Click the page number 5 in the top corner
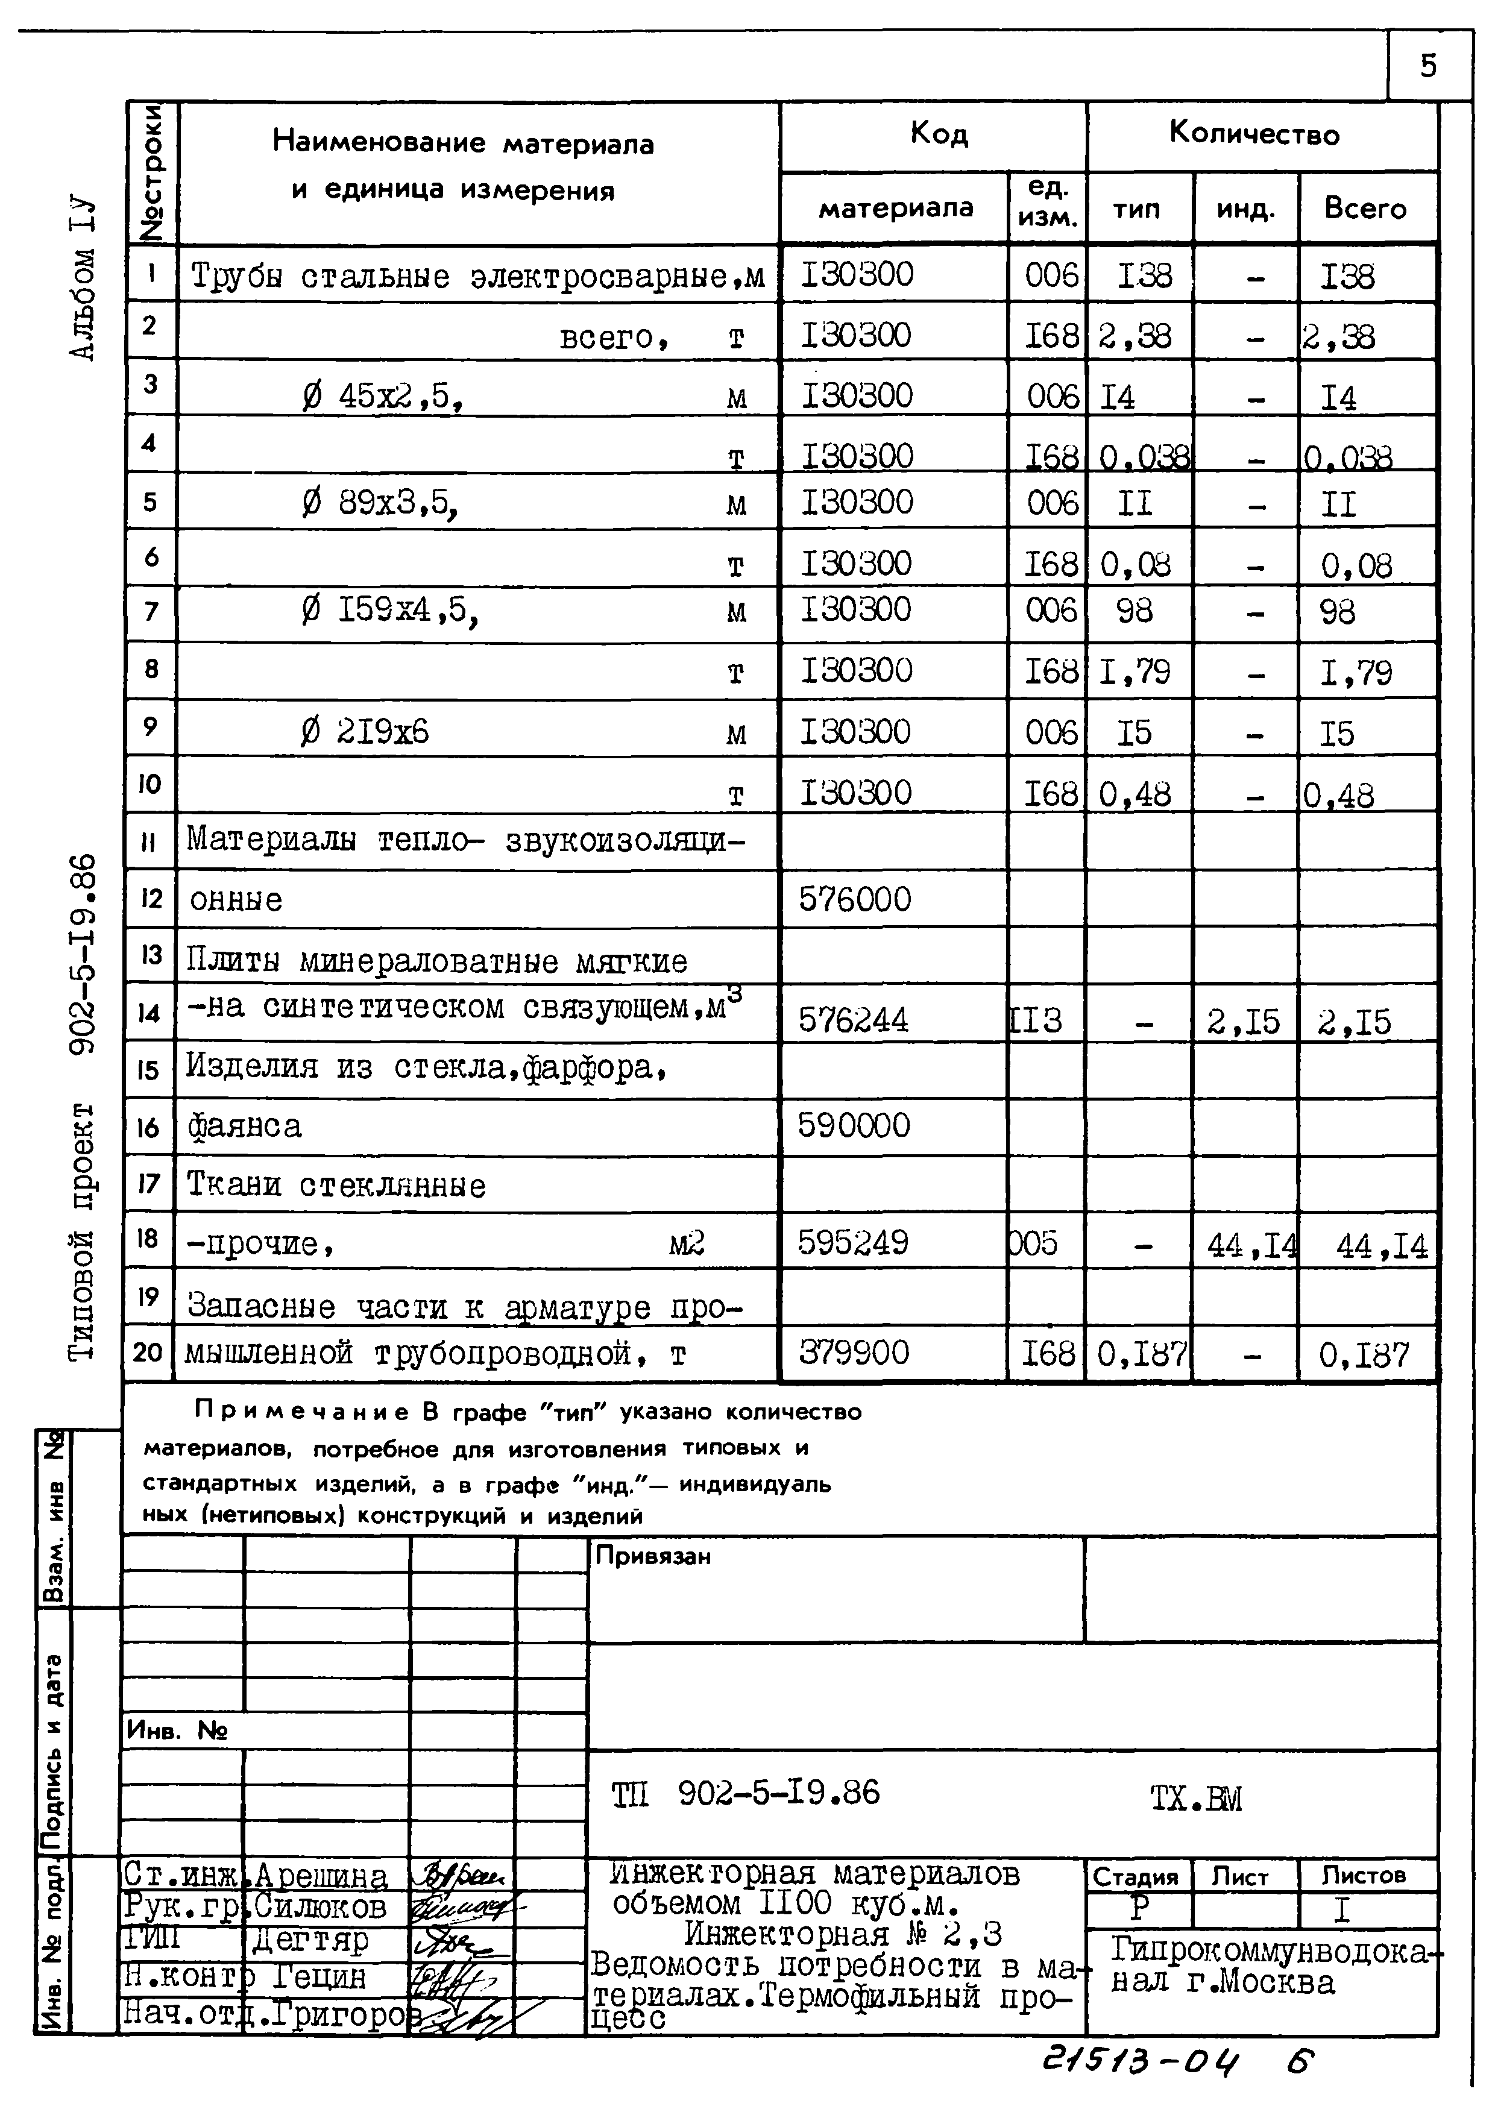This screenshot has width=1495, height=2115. pyautogui.click(x=1427, y=66)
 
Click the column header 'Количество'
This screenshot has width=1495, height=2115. pyautogui.click(x=1254, y=134)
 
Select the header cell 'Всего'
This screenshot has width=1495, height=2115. pyautogui.click(x=1365, y=209)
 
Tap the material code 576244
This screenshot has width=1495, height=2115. pyautogui.click(x=853, y=1020)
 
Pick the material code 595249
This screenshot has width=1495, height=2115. pyautogui.click(x=853, y=1243)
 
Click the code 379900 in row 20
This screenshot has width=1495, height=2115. pyautogui.click(x=853, y=1353)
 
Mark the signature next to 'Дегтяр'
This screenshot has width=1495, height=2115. pyautogui.click(x=459, y=1941)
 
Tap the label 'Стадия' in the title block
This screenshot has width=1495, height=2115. pyautogui.click(x=1135, y=1876)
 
